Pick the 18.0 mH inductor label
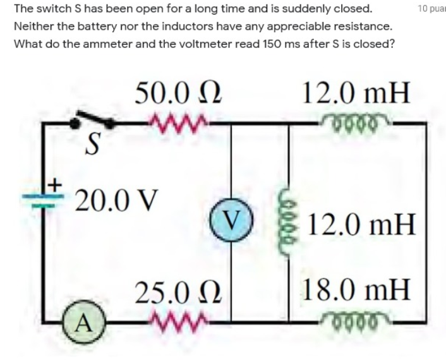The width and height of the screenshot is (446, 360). pyautogui.click(x=357, y=290)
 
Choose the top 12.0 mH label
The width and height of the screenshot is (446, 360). pyautogui.click(x=356, y=94)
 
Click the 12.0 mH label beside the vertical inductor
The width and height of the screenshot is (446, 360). pyautogui.click(x=363, y=224)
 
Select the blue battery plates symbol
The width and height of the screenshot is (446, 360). pyautogui.click(x=44, y=198)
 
